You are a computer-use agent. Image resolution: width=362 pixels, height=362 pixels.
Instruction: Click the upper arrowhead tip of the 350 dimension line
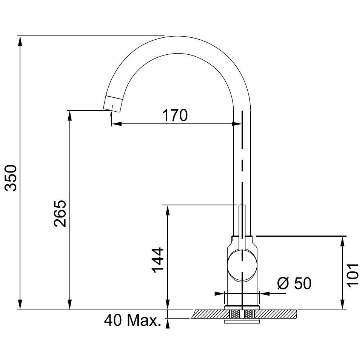pyautogui.click(x=20, y=36)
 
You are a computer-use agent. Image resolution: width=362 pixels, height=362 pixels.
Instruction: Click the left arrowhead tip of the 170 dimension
pyautogui.click(x=112, y=124)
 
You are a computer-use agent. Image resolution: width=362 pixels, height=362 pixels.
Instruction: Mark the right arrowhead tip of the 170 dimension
pyautogui.click(x=242, y=124)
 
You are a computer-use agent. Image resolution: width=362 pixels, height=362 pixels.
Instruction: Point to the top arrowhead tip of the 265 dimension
pyautogui.click(x=69, y=111)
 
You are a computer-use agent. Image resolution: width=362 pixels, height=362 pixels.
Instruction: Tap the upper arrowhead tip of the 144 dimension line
pyautogui.click(x=168, y=205)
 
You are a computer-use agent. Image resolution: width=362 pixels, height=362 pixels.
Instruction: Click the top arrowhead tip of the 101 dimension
pyautogui.click(x=343, y=236)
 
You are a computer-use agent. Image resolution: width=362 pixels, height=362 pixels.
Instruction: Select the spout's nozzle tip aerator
pyautogui.click(x=113, y=104)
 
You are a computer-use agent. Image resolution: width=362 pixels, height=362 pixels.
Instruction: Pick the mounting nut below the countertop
pyautogui.click(x=242, y=321)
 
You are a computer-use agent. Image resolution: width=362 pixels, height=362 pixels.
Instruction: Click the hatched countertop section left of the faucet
pyautogui.click(x=211, y=314)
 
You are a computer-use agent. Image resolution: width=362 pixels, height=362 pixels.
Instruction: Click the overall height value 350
pyautogui.click(x=11, y=178)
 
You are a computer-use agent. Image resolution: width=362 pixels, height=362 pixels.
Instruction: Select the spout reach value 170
pyautogui.click(x=175, y=115)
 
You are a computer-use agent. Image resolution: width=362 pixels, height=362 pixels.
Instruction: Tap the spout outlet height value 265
pyautogui.click(x=60, y=213)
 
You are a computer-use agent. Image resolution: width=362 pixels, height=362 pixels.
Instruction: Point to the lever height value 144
pyautogui.click(x=158, y=260)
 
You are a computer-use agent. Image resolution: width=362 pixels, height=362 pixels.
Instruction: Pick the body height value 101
pyautogui.click(x=353, y=275)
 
